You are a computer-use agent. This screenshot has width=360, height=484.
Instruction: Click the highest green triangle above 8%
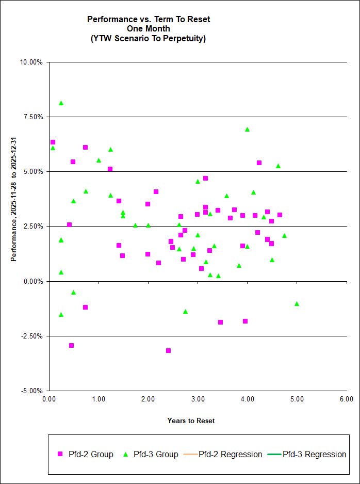click(61, 103)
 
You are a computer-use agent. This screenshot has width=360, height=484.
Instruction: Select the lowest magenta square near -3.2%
click(168, 351)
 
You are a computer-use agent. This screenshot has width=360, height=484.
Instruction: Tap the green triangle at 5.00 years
click(297, 304)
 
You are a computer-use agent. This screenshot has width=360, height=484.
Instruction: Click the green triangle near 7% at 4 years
click(247, 130)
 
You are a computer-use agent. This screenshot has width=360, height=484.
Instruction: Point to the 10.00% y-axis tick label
click(31, 62)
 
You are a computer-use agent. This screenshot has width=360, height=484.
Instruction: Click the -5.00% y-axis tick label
click(31, 391)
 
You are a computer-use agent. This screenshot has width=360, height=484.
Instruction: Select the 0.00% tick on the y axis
click(32, 282)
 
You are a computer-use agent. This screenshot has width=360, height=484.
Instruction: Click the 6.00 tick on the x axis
click(346, 399)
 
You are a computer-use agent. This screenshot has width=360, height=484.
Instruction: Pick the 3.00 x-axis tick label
click(198, 399)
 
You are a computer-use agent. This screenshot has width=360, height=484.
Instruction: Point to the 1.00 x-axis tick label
click(98, 399)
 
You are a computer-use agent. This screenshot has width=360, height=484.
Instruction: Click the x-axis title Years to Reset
click(191, 421)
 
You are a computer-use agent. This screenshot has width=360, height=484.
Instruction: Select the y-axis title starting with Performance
click(14, 199)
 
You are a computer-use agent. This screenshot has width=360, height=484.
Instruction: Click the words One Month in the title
click(149, 29)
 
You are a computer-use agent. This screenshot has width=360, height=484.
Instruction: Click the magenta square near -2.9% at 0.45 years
click(71, 346)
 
